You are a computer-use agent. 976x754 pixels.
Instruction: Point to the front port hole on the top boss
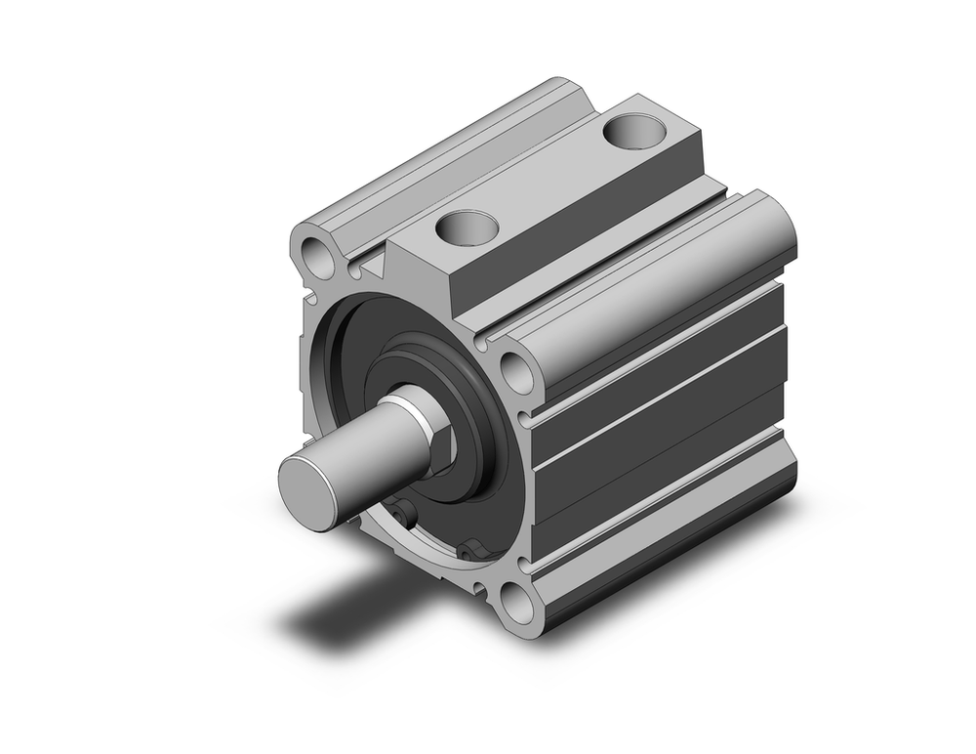click(467, 228)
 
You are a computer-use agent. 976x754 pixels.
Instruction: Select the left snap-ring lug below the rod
click(402, 510)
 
